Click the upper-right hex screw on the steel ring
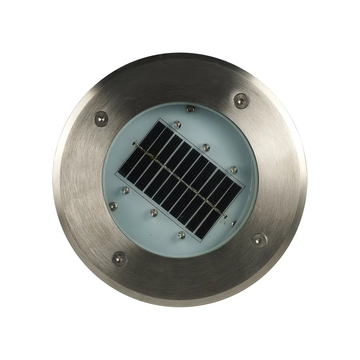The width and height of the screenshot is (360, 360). pos(241,101)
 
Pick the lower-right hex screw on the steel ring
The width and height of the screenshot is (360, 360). pos(259,240)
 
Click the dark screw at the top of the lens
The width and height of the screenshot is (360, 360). pos(191,109)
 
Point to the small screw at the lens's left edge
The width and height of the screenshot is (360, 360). pos(113,205)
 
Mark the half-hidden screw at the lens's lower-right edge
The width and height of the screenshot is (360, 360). pos(234,223)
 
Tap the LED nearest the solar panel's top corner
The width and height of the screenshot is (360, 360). pos(177,124)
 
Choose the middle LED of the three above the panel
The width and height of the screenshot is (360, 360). pos(206,147)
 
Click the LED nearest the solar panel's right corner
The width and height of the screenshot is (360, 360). pos(233,169)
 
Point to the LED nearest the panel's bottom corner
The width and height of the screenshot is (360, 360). pos(182,235)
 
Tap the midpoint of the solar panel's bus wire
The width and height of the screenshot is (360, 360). pos(181,180)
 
